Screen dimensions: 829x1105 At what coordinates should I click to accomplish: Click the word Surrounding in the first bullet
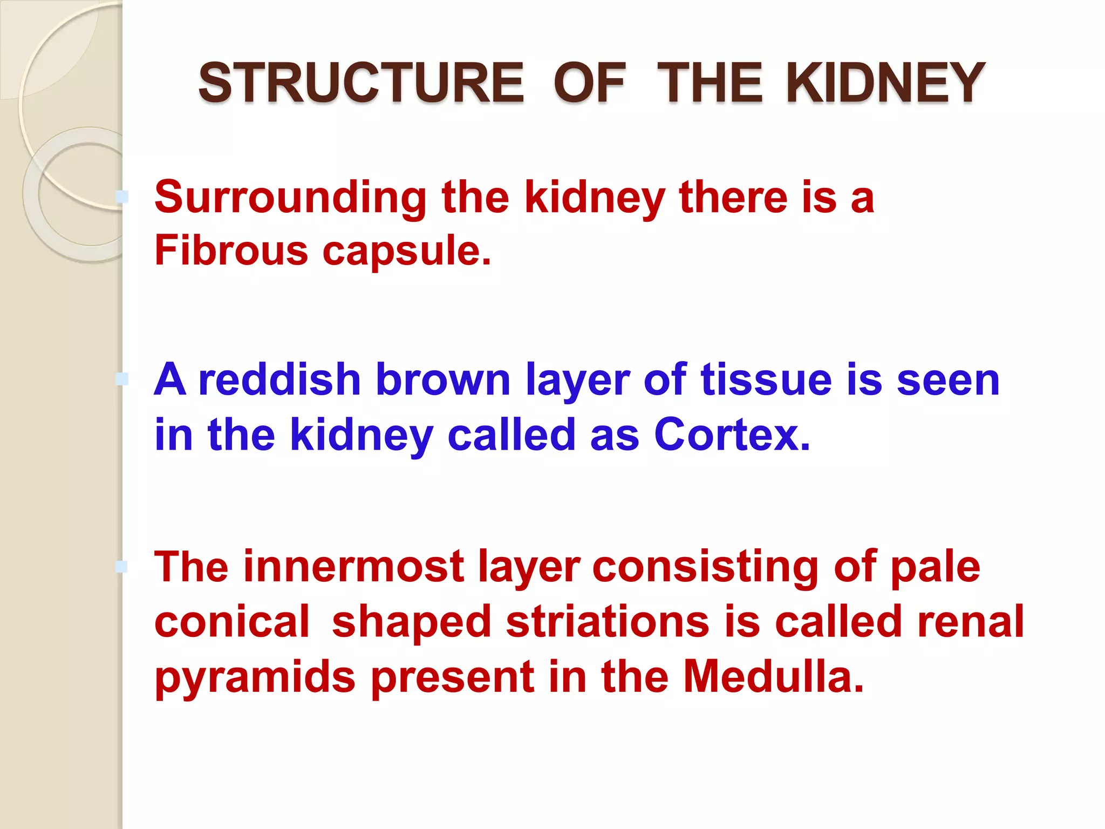(x=290, y=198)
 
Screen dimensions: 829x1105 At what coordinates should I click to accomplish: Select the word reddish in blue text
(x=279, y=379)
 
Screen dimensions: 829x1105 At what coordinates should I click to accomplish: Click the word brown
(x=442, y=379)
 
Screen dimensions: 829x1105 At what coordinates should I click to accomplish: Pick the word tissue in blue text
(x=766, y=379)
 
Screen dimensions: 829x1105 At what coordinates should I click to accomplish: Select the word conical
(x=232, y=622)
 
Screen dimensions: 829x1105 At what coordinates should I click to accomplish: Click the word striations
(x=607, y=622)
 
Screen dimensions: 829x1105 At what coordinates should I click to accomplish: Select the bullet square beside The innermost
(x=122, y=566)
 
